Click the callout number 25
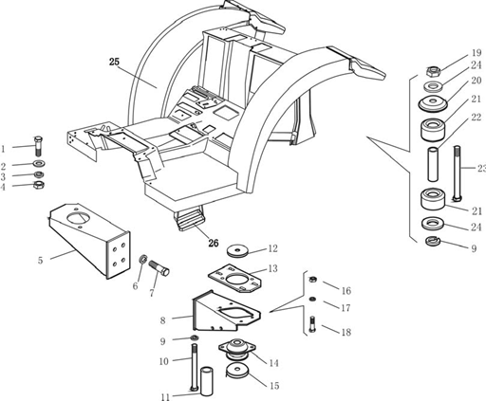[x=114, y=62]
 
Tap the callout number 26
[x=214, y=243]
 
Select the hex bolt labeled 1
[x=38, y=146]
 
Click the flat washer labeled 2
[x=39, y=164]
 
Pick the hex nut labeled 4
[x=39, y=185]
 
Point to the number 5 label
[x=40, y=261]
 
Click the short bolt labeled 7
[x=159, y=268]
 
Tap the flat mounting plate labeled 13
[x=234, y=279]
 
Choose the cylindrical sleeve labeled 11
[x=207, y=381]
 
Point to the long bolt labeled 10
[x=194, y=367]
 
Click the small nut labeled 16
[x=312, y=280]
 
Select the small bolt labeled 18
[x=312, y=324]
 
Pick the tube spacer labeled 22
[x=433, y=164]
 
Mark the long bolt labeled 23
[x=458, y=173]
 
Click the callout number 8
[x=162, y=320]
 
